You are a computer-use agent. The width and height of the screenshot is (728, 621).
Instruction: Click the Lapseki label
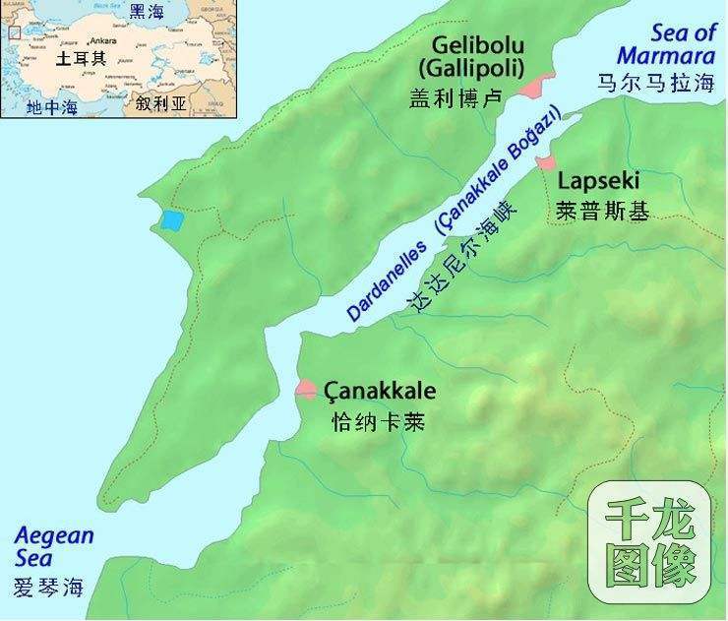(598, 181)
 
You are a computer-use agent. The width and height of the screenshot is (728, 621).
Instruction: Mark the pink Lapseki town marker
(545, 160)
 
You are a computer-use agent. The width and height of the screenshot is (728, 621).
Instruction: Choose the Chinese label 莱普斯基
(603, 210)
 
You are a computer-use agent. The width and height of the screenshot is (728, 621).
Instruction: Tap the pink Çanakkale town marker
(306, 390)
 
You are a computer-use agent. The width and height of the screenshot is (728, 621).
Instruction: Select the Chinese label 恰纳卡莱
(372, 421)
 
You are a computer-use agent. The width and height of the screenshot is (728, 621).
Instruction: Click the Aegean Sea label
(54, 547)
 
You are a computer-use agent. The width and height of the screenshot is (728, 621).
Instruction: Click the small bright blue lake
(172, 220)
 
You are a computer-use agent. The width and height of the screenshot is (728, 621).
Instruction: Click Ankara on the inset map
(102, 40)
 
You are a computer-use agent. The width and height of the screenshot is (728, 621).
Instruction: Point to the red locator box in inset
(14, 32)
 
